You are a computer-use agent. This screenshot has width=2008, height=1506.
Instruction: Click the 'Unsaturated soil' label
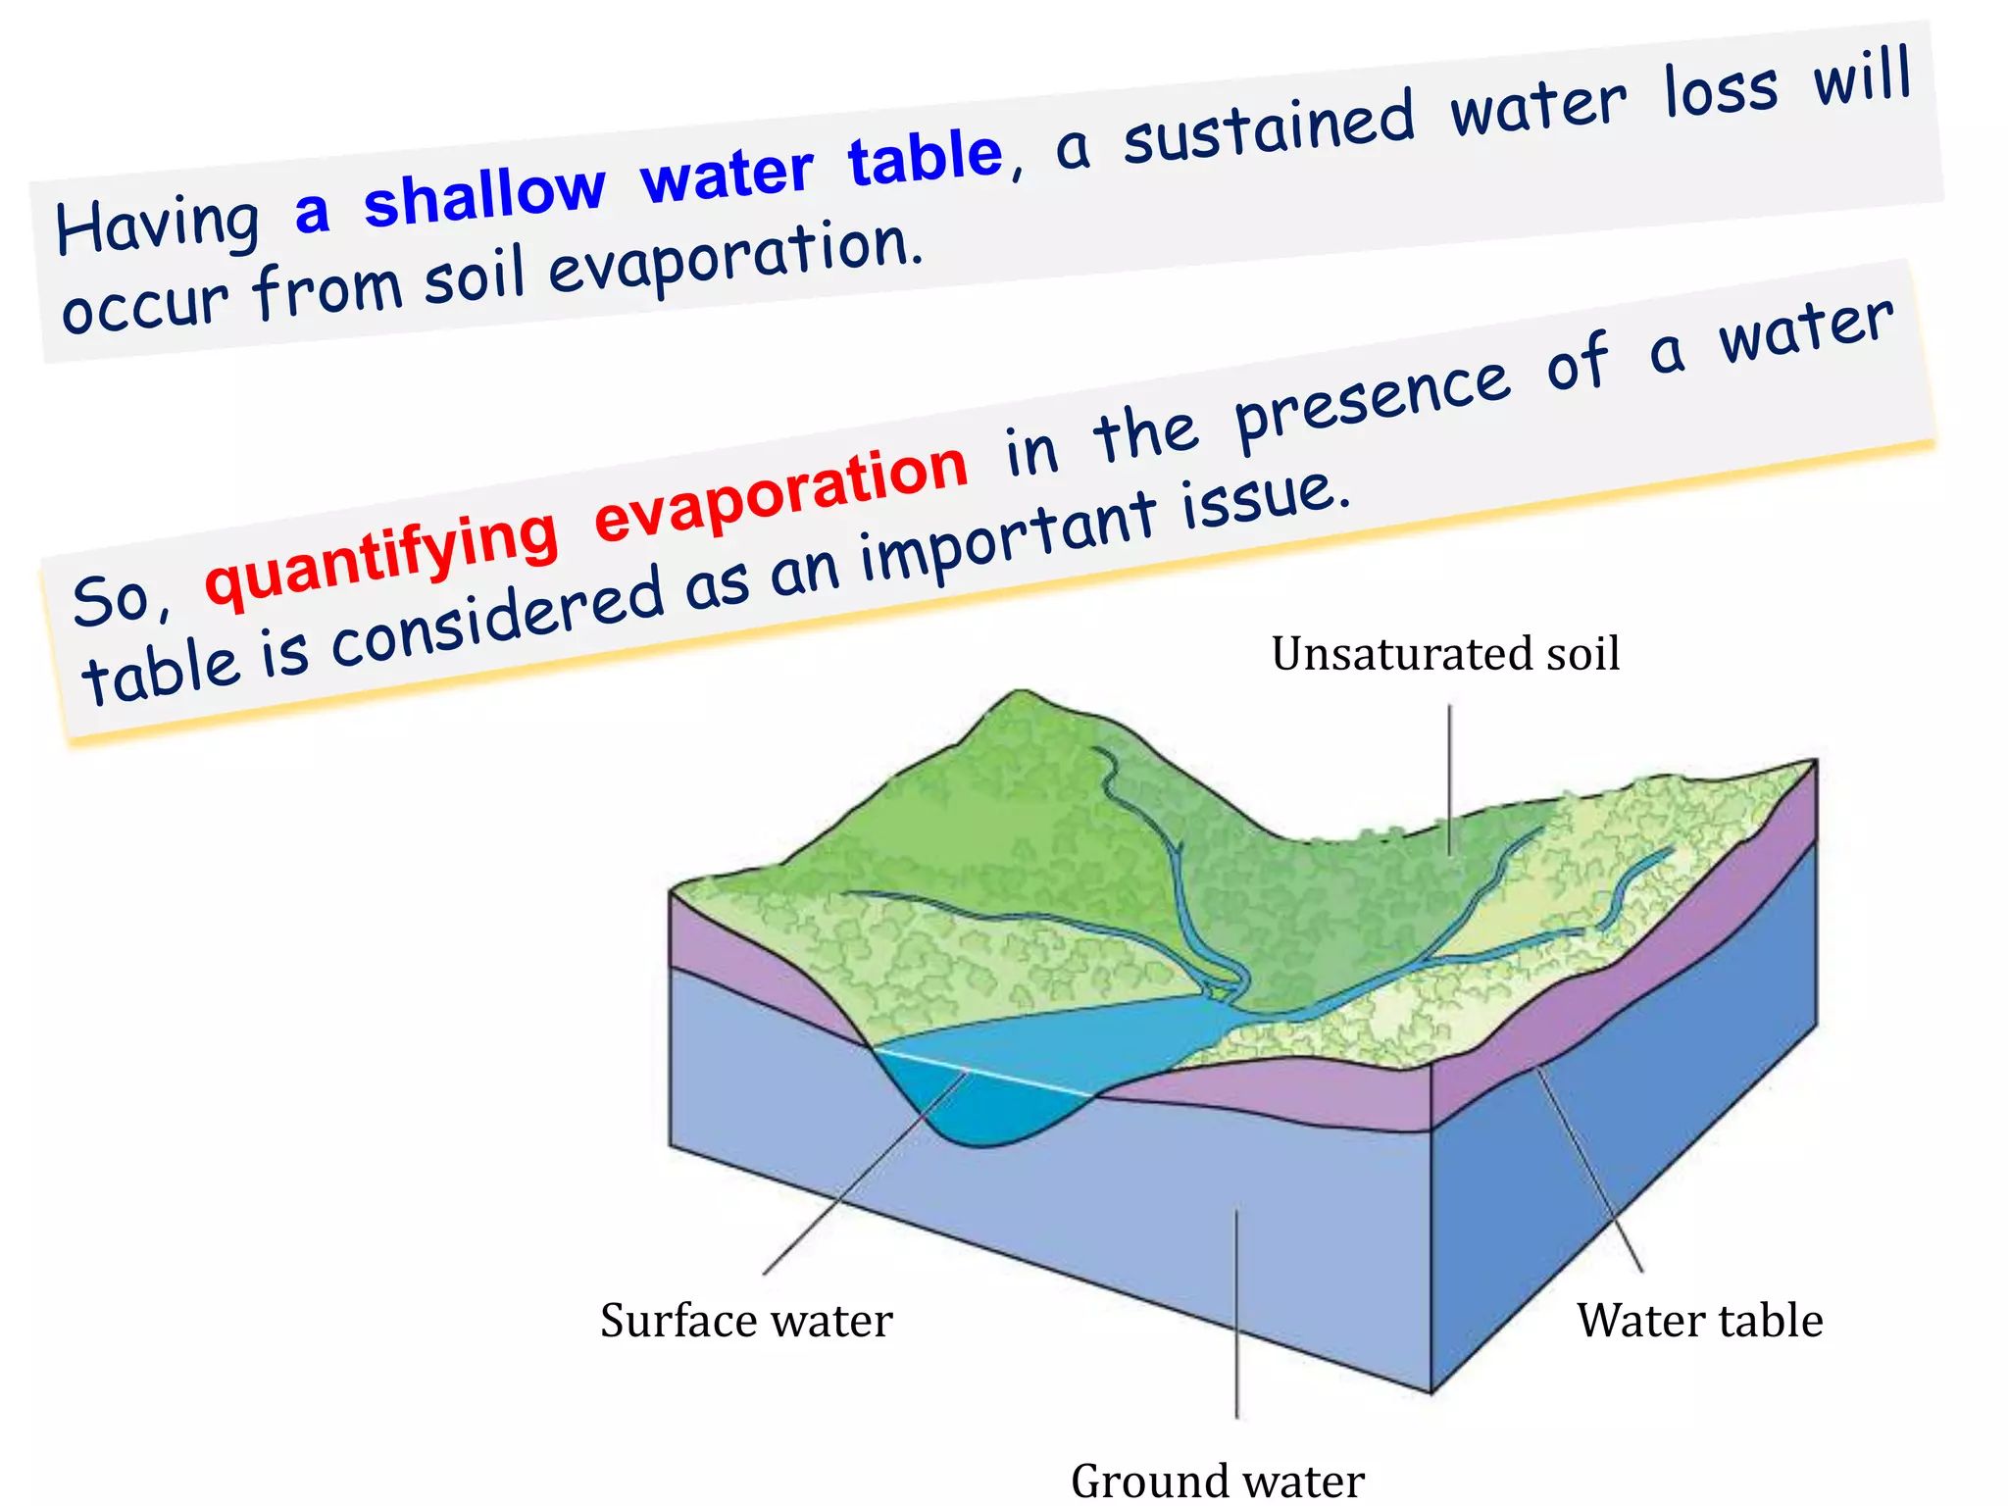pyautogui.click(x=1445, y=654)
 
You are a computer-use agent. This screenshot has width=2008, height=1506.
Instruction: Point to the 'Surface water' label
pyautogui.click(x=746, y=1321)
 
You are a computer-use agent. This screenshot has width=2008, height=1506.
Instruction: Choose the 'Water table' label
pyautogui.click(x=1699, y=1321)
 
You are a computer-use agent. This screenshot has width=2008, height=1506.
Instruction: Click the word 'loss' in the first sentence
pyautogui.click(x=1721, y=90)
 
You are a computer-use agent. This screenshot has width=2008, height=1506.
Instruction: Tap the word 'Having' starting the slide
pyautogui.click(x=158, y=226)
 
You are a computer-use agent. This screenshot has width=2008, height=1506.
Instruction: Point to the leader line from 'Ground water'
pyautogui.click(x=1237, y=1314)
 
